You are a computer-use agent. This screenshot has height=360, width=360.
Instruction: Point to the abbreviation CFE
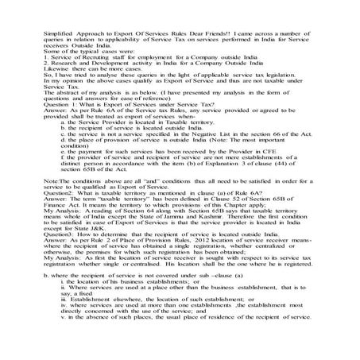pyautogui.click(x=275, y=168)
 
